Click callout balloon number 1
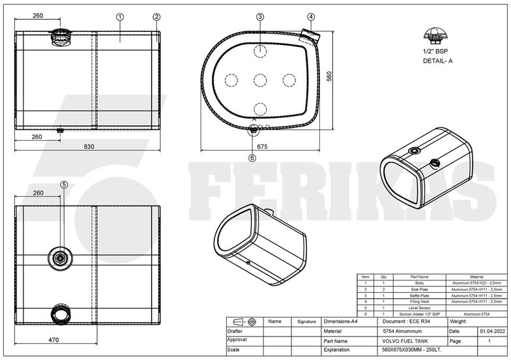click(x=120, y=16)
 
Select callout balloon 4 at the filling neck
click(x=311, y=16)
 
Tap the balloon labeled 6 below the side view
click(x=252, y=157)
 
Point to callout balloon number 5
click(x=64, y=185)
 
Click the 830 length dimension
click(x=89, y=147)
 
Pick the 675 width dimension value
click(x=262, y=147)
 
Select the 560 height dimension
click(x=329, y=76)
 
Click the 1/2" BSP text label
click(x=436, y=51)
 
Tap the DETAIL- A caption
click(x=437, y=61)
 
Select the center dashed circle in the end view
click(x=260, y=80)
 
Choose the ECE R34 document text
click(x=405, y=322)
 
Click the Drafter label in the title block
click(x=236, y=331)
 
